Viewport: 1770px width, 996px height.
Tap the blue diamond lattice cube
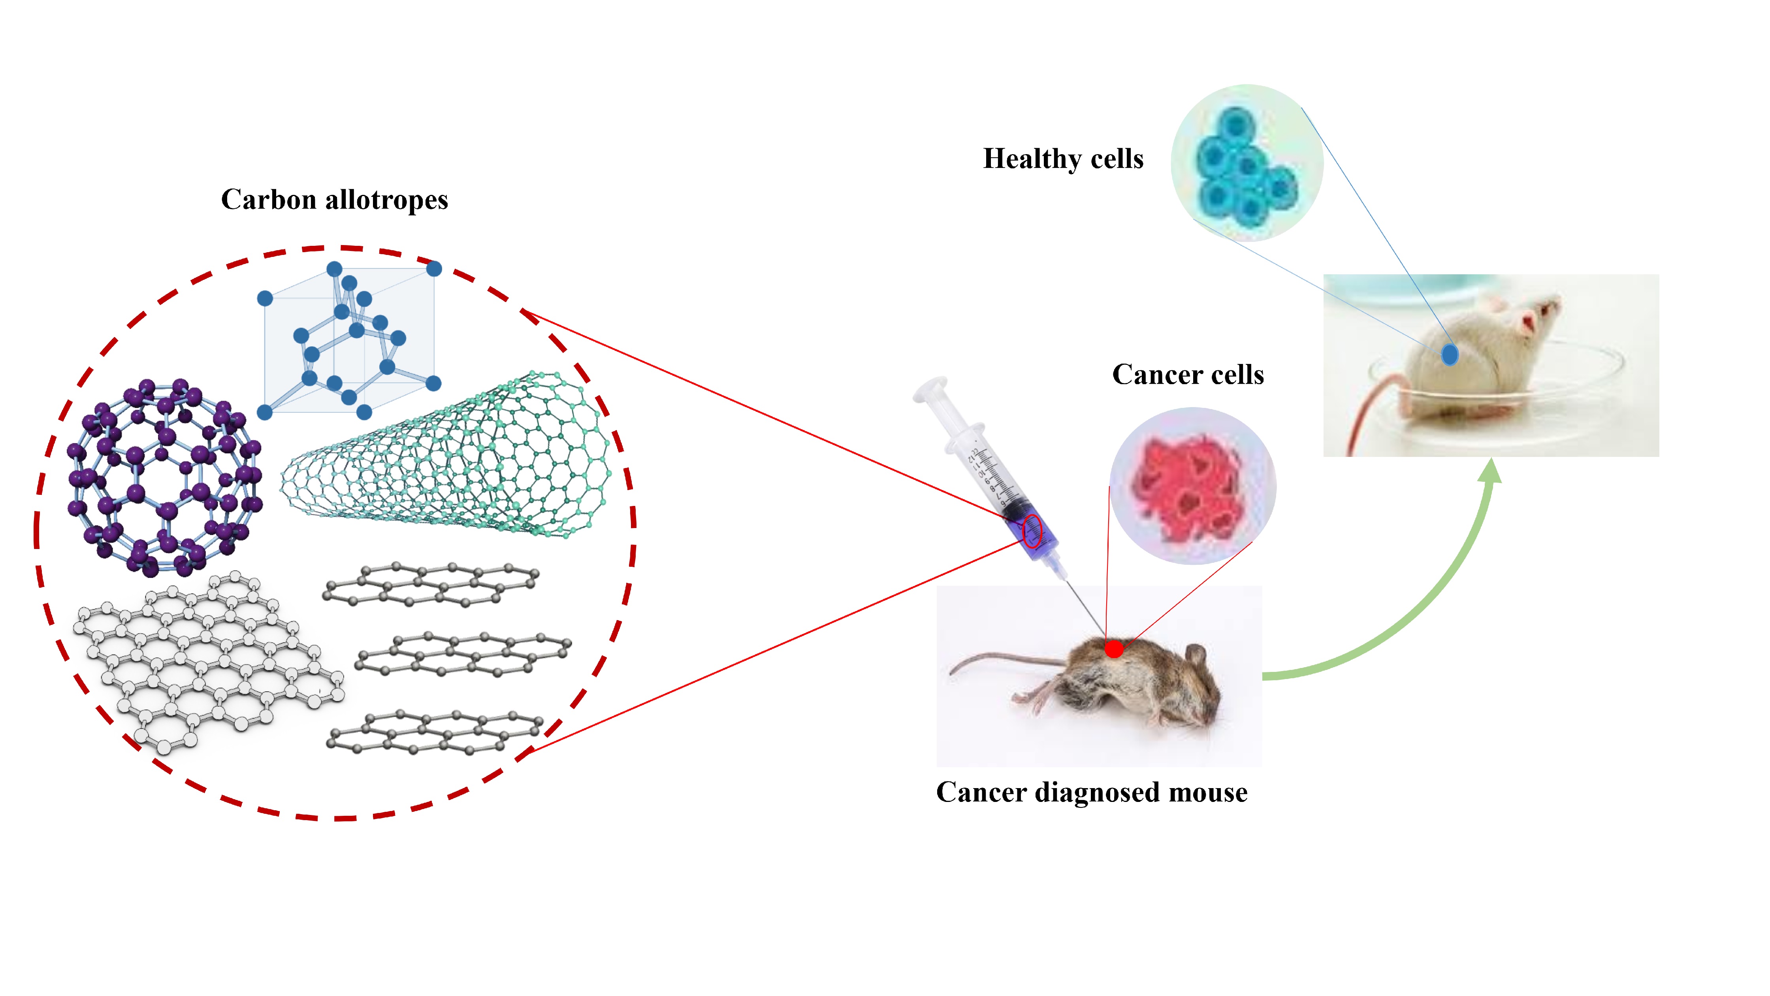(x=349, y=340)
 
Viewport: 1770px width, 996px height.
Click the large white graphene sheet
(x=206, y=660)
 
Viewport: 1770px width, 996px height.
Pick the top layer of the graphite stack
(x=431, y=584)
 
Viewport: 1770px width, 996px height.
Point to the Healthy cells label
(x=1062, y=159)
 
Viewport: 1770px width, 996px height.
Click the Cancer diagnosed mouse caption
(x=1091, y=792)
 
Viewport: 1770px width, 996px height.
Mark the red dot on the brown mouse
(x=1114, y=648)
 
